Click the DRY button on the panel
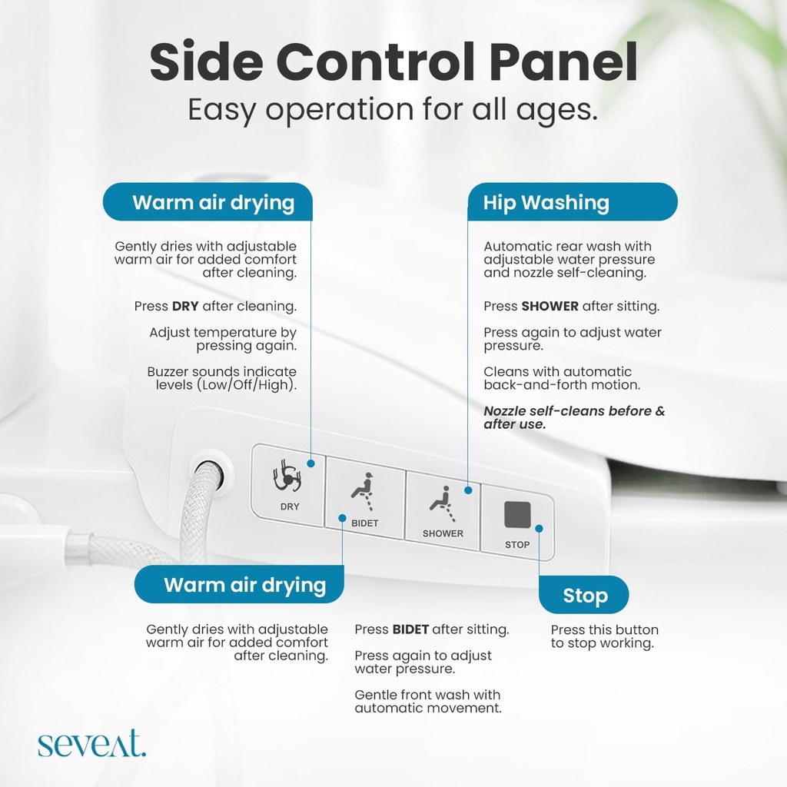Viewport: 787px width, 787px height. click(x=288, y=486)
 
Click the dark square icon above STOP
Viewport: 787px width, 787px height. click(x=516, y=514)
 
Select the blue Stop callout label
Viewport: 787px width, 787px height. click(x=584, y=596)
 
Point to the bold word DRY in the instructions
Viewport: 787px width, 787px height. click(x=185, y=306)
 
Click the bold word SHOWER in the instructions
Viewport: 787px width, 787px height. click(x=550, y=306)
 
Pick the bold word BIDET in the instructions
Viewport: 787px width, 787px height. click(x=410, y=629)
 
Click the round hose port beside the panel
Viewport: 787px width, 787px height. click(x=208, y=473)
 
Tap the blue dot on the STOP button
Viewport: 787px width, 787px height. click(x=539, y=528)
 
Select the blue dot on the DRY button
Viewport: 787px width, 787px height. click(x=310, y=463)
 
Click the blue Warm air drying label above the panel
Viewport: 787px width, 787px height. click(x=208, y=202)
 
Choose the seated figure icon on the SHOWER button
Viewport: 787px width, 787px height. click(x=440, y=502)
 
